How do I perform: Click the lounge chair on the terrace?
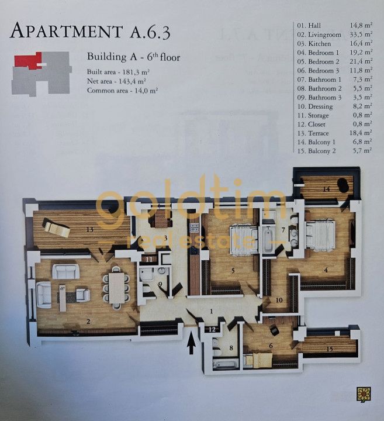pyautogui.click(x=57, y=227)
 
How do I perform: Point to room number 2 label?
pyautogui.click(x=88, y=322)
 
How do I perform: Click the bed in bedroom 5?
pyautogui.click(x=244, y=240)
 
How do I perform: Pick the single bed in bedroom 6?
pyautogui.click(x=259, y=360)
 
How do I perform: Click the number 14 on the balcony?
pyautogui.click(x=326, y=189)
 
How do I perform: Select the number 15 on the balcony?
pyautogui.click(x=330, y=348)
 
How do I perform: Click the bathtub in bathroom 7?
pyautogui.click(x=268, y=240)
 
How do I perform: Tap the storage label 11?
pyautogui.click(x=150, y=260)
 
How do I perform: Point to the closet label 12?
pyautogui.click(x=212, y=329)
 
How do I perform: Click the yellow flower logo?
pyautogui.click(x=364, y=395)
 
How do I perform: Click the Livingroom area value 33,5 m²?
pyautogui.click(x=361, y=34)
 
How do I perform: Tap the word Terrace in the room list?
pyautogui.click(x=319, y=133)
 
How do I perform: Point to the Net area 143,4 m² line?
pyautogui.click(x=116, y=81)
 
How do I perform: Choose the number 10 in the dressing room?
pyautogui.click(x=279, y=300)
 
